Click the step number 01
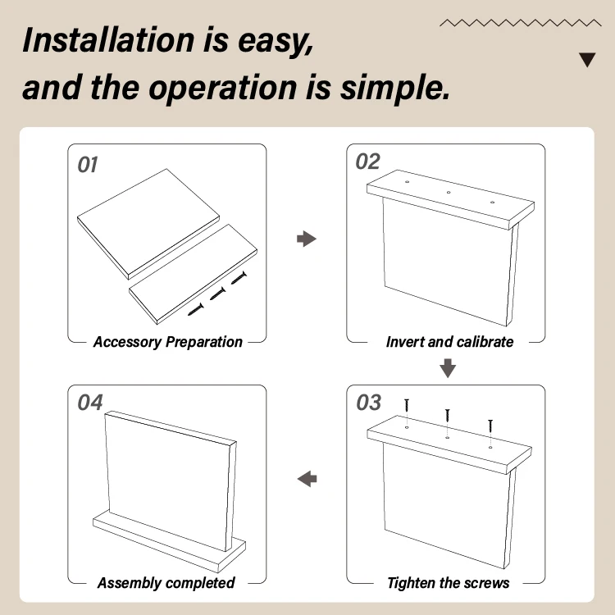pos(88,165)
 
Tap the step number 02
pos(367,162)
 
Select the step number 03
pos(368,403)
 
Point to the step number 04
pos(90,403)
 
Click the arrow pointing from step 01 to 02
pos(307,239)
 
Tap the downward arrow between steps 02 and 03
pos(448,368)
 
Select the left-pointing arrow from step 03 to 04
pos(307,479)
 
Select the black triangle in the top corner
pos(587,59)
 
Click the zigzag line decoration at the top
pos(521,23)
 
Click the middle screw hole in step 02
pos(449,192)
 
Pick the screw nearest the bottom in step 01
pos(196,309)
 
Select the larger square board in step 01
pos(148,224)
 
